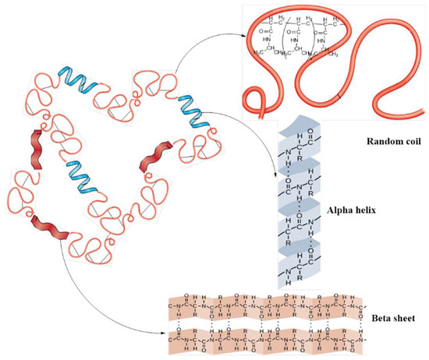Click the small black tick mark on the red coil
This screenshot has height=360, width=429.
pos(339,94)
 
